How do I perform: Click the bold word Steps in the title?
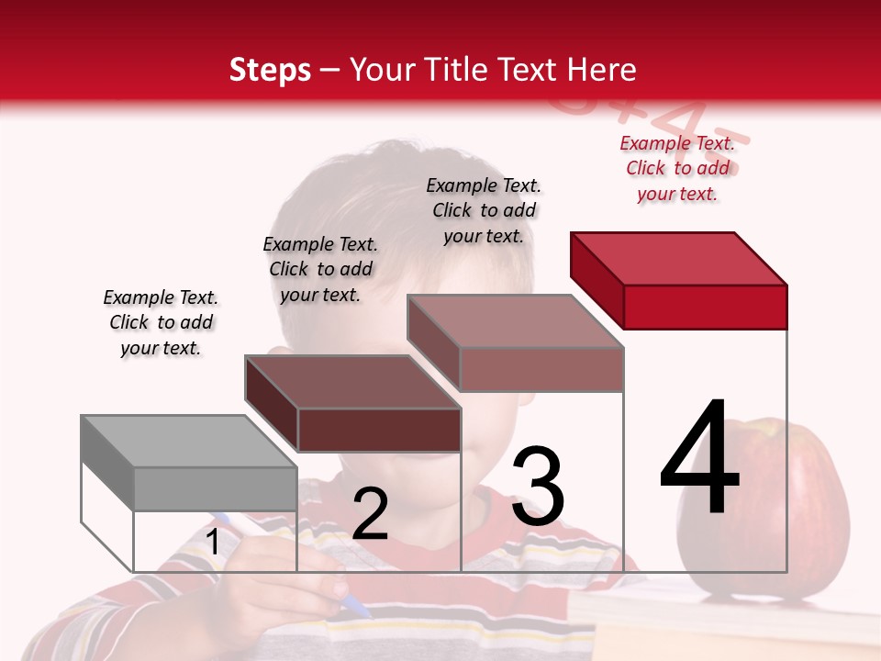[x=270, y=70]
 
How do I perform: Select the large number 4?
[x=699, y=459]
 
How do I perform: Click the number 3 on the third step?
[x=538, y=487]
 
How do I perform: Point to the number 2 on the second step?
[x=370, y=514]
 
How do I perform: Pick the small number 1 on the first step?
[x=213, y=543]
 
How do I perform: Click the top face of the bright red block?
[x=679, y=258]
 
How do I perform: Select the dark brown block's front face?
[x=379, y=430]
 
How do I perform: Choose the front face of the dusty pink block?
[x=541, y=369]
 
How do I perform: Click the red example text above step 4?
[x=677, y=168]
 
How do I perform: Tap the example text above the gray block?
[x=161, y=322]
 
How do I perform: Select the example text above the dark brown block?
[x=320, y=269]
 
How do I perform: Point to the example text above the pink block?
[x=484, y=210]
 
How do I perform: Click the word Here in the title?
[x=602, y=70]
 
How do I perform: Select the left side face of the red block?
[x=597, y=280]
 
